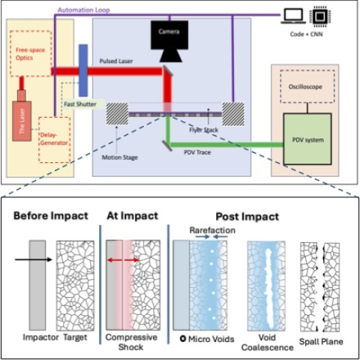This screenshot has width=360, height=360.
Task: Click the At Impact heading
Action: pos(132,215)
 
